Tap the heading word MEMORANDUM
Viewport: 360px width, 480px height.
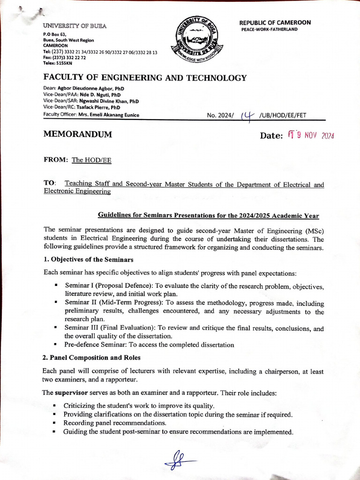pyautogui.click(x=78, y=135)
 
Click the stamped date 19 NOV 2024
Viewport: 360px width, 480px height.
pyautogui.click(x=311, y=135)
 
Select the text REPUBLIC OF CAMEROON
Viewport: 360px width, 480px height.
pyautogui.click(x=275, y=22)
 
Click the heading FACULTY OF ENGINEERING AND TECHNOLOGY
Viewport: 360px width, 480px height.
pyautogui.click(x=145, y=78)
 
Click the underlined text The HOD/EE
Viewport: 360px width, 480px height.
pyautogui.click(x=91, y=160)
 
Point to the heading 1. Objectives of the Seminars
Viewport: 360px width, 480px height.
pyautogui.click(x=89, y=259)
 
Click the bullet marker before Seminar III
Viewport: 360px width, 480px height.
pyautogui.click(x=56, y=329)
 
